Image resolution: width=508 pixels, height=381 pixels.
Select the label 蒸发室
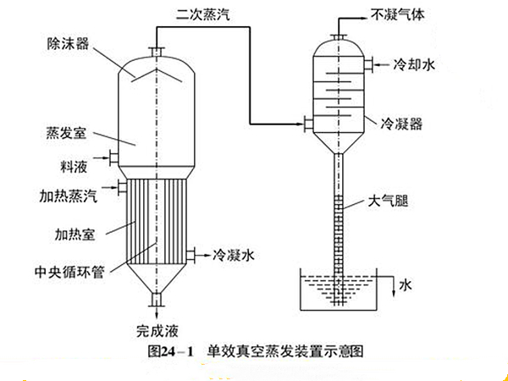click(x=65, y=134)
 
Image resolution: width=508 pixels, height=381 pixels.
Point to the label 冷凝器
click(x=403, y=124)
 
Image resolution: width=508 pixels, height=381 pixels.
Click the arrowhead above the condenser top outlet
click(x=340, y=17)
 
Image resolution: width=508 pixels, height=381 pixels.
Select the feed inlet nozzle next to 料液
click(x=111, y=156)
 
